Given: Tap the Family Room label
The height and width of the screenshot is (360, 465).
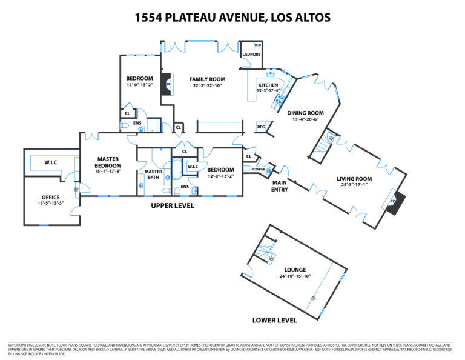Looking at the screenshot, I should (206, 79).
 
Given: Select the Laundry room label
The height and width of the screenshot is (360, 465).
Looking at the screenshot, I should (251, 55).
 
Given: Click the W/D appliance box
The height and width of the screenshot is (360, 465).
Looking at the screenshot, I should (257, 45).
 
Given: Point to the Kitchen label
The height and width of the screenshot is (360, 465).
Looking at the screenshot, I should (268, 85).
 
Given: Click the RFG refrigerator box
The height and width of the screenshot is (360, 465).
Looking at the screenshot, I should (262, 127).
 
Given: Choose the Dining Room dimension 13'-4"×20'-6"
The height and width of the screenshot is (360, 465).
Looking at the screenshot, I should (306, 119).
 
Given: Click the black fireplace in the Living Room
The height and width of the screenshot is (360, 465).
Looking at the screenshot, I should (397, 204).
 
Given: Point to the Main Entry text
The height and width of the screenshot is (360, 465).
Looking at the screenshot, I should (279, 185).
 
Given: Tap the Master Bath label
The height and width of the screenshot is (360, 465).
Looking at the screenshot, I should (153, 175).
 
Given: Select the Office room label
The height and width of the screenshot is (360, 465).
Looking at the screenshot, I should (51, 197).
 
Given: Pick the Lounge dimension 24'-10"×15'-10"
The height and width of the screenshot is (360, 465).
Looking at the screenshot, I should (294, 276).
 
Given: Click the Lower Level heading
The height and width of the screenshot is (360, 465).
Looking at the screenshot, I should (274, 319).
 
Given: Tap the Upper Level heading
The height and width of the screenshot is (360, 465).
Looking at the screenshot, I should (173, 206).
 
